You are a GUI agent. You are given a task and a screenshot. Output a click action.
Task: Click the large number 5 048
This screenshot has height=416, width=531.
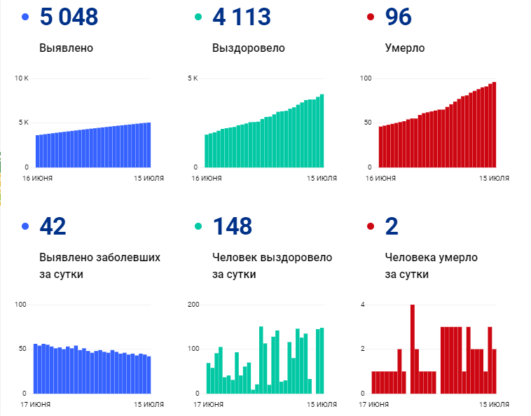[x=69, y=18]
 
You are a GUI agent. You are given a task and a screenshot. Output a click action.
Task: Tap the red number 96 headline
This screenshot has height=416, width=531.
[x=399, y=18]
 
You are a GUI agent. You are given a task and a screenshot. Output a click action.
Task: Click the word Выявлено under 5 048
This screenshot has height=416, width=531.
[x=67, y=48]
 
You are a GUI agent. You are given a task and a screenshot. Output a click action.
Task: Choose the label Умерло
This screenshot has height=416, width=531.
[x=405, y=48]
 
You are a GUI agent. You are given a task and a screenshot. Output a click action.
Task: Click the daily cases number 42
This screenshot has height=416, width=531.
[x=53, y=226]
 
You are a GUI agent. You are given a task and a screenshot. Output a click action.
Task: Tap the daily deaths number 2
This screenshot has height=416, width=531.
[x=392, y=226]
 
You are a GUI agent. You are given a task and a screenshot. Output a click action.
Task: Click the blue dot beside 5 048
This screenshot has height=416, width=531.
[x=25, y=18]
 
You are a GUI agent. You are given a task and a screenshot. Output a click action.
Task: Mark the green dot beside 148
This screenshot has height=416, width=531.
[x=198, y=226]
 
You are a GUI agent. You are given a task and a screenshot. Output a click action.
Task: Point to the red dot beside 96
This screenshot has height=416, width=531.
[x=370, y=18]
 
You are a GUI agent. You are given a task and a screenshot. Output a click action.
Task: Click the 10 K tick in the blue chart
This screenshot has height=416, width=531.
[x=22, y=78]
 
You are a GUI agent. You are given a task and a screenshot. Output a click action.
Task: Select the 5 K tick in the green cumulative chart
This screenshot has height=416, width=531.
[x=193, y=78]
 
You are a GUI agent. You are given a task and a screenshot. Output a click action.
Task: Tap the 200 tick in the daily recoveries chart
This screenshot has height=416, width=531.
[x=194, y=305]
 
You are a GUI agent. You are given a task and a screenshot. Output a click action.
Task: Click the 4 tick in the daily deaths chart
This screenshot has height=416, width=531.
[x=363, y=305]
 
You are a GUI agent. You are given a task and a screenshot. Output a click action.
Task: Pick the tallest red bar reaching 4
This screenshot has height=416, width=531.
[x=413, y=348]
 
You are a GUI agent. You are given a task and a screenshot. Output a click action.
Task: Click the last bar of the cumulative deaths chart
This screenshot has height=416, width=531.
[x=494, y=125]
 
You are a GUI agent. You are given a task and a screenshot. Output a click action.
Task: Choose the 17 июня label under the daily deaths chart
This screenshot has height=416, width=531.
[x=374, y=405]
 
